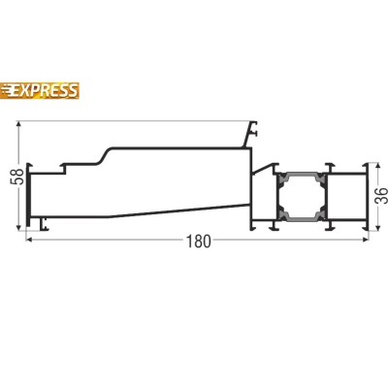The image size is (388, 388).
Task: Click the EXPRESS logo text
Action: [46, 90]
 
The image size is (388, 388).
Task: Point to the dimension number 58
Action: [19, 177]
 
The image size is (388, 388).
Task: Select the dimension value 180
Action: [199, 242]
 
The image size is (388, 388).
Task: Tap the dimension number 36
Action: [381, 195]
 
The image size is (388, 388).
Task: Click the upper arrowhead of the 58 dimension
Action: [18, 124]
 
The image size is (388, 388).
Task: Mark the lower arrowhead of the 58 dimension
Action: [18, 228]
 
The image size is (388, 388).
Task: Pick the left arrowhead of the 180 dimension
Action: [28, 240]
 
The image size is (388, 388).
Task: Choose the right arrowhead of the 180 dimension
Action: [366, 240]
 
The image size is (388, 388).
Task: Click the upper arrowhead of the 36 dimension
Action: [376, 166]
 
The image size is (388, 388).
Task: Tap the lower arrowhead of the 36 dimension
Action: [376, 228]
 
